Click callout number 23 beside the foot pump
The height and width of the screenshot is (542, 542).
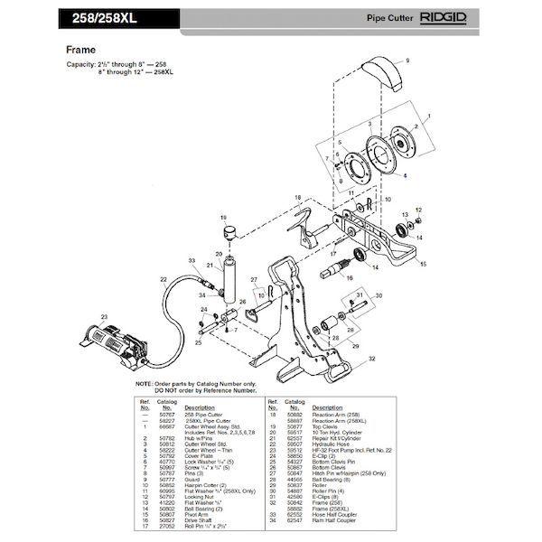pyautogui.click(x=104, y=316)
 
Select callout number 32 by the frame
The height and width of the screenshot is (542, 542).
pyautogui.click(x=371, y=359)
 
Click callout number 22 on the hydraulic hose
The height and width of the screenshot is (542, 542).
pyautogui.click(x=163, y=280)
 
